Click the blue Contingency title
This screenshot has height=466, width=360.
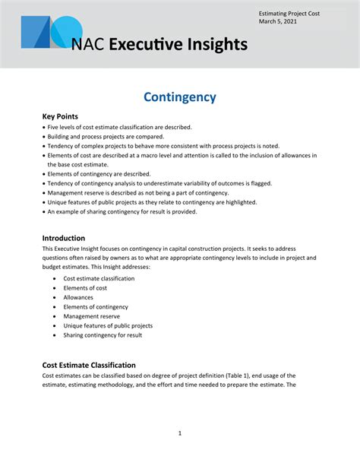tap(180, 97)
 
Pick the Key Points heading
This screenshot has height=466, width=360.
tap(60, 116)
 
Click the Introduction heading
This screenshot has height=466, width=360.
tap(63, 237)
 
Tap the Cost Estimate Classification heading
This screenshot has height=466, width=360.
tap(89, 365)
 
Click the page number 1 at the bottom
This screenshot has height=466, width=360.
tap(180, 433)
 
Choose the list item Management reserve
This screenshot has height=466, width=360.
tap(91, 316)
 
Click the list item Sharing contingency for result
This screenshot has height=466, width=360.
tap(103, 335)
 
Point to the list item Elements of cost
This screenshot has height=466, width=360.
tap(85, 288)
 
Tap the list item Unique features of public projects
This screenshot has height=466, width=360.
tap(108, 325)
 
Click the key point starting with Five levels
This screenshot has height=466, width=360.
tap(119, 127)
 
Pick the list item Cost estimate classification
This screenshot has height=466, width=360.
tap(99, 278)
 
